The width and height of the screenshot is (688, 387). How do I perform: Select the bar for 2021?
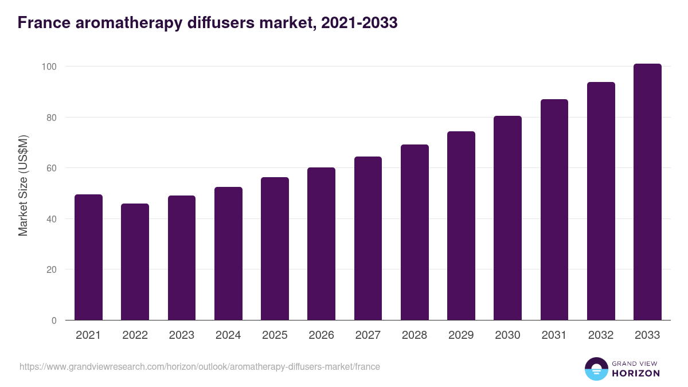click(88, 257)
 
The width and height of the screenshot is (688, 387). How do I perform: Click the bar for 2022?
click(135, 262)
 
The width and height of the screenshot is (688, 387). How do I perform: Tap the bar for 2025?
click(275, 249)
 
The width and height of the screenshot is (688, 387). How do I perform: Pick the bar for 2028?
click(415, 232)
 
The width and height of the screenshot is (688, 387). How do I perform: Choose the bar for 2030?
click(507, 218)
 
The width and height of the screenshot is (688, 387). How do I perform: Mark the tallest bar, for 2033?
click(647, 192)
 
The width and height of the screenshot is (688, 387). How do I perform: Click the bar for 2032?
click(601, 201)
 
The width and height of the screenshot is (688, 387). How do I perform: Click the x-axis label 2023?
click(182, 335)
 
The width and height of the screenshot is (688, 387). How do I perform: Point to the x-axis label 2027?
click(368, 335)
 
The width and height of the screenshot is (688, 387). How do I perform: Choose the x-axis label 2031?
click(554, 335)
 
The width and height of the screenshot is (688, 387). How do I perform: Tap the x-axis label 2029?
click(461, 335)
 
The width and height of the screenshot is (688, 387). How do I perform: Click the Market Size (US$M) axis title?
click(23, 185)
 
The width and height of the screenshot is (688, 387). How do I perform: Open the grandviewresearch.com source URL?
click(200, 366)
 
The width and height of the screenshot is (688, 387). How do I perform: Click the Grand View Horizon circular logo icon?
click(596, 369)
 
